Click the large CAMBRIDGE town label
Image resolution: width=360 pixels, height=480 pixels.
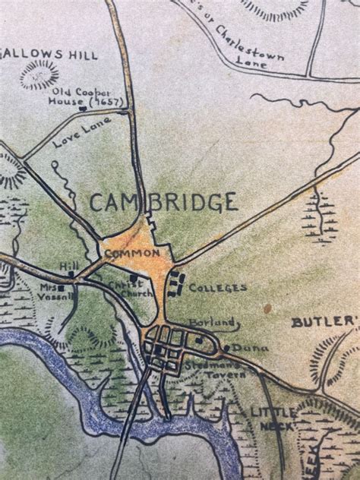pos(163,203)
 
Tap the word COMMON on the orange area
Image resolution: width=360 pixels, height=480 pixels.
pos(132,254)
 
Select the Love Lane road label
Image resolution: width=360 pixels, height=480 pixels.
pos(83,131)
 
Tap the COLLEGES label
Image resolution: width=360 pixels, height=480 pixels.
pos(217,288)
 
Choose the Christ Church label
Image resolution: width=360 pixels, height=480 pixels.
pos(125,291)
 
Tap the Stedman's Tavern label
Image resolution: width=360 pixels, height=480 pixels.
pos(216,370)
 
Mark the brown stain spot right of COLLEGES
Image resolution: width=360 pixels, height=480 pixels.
pos(267,308)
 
